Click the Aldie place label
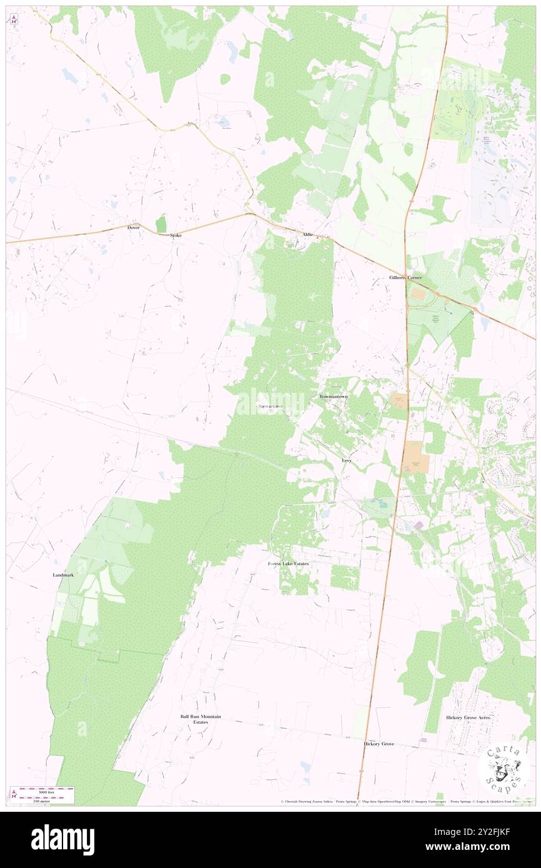click(307, 234)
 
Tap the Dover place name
click(134, 228)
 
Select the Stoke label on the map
click(176, 235)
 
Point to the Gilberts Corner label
click(405, 277)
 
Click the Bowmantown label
click(334, 397)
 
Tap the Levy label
click(347, 460)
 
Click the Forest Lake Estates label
click(288, 563)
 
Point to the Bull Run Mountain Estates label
click(201, 719)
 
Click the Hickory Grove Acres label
click(469, 718)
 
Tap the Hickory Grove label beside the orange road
click(379, 744)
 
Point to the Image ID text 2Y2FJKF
click(493, 832)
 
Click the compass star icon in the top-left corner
click(14, 19)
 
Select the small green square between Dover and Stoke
click(161, 224)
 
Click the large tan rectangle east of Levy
click(415, 456)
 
